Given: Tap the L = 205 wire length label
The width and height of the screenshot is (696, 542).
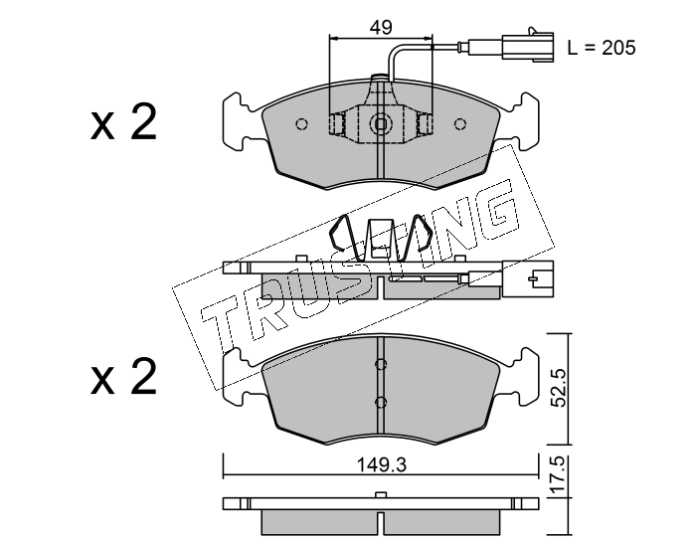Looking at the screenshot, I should pyautogui.click(x=601, y=47).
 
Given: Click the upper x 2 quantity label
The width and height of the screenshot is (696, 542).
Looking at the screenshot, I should pyautogui.click(x=124, y=124).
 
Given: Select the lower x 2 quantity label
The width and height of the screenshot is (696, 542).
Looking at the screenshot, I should pyautogui.click(x=124, y=380).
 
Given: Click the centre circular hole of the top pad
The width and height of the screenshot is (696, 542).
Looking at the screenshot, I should pyautogui.click(x=382, y=124).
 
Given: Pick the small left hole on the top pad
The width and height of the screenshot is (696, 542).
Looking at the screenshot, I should pyautogui.click(x=303, y=124).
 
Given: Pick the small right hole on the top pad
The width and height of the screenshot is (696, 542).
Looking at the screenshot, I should pyautogui.click(x=459, y=124).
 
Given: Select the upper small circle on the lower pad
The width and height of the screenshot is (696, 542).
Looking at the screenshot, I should pyautogui.click(x=381, y=363).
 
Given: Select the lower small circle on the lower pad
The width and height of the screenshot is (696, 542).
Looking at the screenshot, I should pyautogui.click(x=381, y=402).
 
